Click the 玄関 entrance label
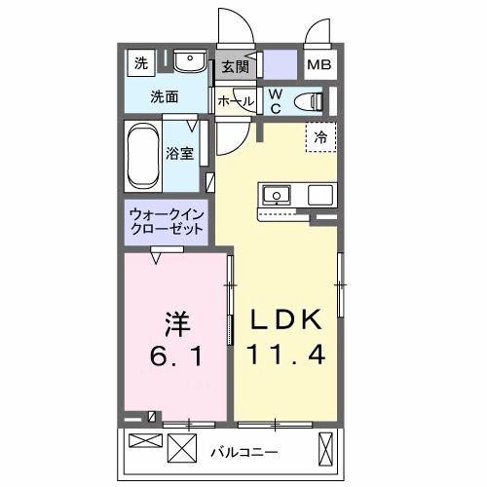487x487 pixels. tap(235, 67)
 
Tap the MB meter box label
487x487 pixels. tap(318, 67)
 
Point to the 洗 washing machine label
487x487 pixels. tap(141, 64)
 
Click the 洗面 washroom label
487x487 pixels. tap(164, 96)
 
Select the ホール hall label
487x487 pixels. tap(235, 101)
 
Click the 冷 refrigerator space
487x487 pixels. tap(319, 138)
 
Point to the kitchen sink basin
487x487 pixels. tap(275, 194)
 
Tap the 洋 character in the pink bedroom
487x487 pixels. tap(174, 320)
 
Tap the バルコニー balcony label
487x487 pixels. tap(243, 452)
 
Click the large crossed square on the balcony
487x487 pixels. tap(182, 450)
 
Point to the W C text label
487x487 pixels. tap(276, 99)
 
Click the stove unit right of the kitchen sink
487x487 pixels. tap(320, 194)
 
